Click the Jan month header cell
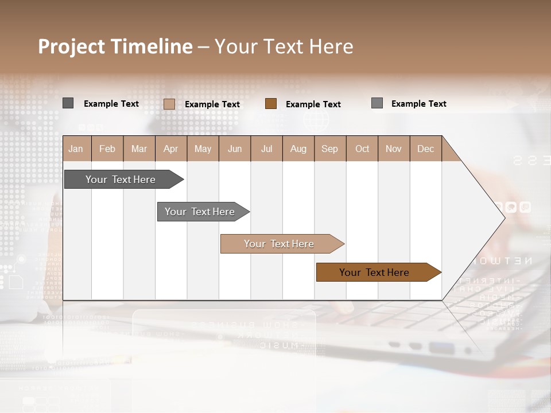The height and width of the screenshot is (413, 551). [x=76, y=149]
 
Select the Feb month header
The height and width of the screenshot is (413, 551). [x=107, y=149]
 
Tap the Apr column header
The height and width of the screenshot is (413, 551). [x=170, y=149]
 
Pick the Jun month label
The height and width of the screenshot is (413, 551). [x=235, y=149]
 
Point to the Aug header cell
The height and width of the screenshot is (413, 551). [x=298, y=149]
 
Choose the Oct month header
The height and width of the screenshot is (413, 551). [x=362, y=149]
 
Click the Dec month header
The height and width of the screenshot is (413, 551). [x=425, y=149]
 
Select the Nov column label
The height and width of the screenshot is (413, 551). [x=394, y=149]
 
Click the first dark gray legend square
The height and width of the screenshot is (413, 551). [x=68, y=103]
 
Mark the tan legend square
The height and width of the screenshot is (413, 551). [x=169, y=104]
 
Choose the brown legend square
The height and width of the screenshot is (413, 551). [x=271, y=103]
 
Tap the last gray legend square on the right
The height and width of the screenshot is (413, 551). [x=377, y=103]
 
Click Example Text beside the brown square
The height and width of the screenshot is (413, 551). [x=313, y=104]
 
